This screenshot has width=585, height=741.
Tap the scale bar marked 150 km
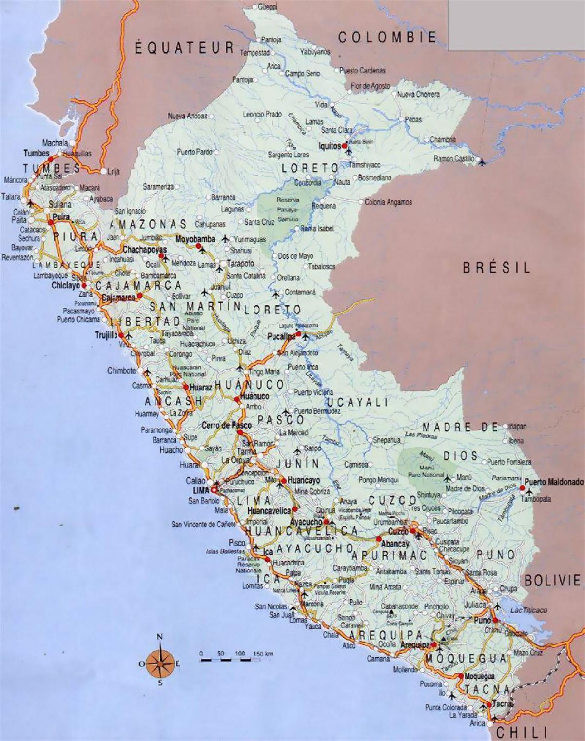tap(236, 659)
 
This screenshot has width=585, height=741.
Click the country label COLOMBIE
tap(388, 37)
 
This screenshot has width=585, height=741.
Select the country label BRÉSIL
tap(496, 268)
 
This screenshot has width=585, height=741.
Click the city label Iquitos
tap(329, 145)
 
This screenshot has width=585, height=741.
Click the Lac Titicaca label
tap(528, 610)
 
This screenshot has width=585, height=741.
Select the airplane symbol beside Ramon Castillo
tap(482, 161)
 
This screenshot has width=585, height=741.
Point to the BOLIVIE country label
tap(552, 580)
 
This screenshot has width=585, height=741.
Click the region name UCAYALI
tap(357, 402)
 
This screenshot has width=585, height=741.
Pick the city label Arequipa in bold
tap(414, 645)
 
